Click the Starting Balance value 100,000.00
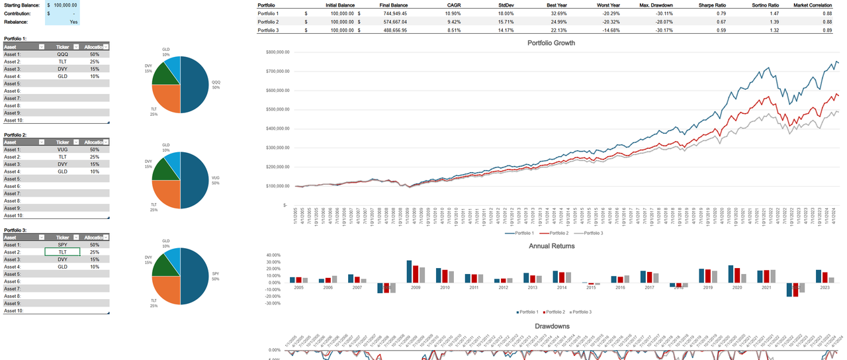(x=66, y=5)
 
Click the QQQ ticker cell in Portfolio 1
(x=63, y=54)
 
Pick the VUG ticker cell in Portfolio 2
(x=63, y=150)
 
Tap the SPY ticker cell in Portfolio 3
(x=63, y=245)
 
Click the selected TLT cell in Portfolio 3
(x=63, y=252)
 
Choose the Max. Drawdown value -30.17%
(x=660, y=30)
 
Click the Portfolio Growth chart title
(x=551, y=43)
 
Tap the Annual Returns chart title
(x=551, y=246)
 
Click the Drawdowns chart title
(x=551, y=326)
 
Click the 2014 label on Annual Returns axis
(x=561, y=289)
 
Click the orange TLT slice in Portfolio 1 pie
(x=165, y=99)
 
